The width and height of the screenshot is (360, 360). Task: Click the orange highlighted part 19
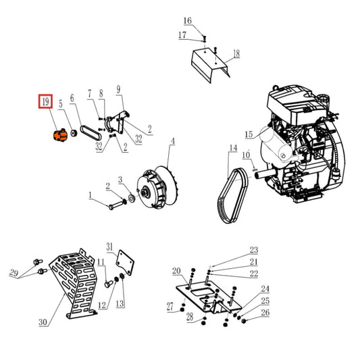point(58,134)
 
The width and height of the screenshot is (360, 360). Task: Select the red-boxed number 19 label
point(46,103)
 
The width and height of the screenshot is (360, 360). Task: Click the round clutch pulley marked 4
point(154,188)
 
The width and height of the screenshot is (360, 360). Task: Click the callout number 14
point(232,148)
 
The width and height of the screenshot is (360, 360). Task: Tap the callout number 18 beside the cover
point(236,53)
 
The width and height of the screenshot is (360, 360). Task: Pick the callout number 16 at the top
point(188,21)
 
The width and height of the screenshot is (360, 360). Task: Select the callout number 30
point(43,323)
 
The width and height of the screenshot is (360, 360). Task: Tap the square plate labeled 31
point(124,261)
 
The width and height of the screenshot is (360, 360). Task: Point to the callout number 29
point(14,273)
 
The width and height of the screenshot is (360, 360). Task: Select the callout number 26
point(265,313)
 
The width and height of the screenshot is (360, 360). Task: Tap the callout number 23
point(254,250)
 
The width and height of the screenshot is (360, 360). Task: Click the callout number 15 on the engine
point(248,134)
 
